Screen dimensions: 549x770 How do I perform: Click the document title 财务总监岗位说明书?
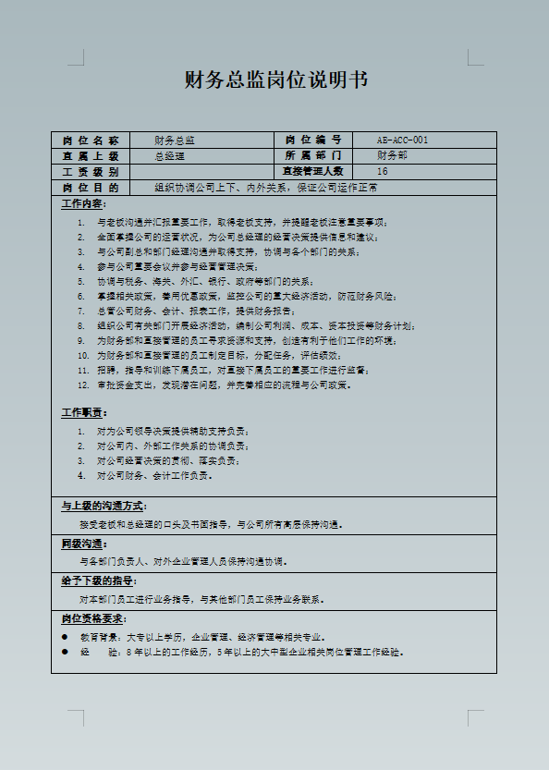[276, 80]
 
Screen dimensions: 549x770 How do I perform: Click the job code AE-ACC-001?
[402, 141]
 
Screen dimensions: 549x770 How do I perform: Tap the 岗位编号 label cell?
[313, 141]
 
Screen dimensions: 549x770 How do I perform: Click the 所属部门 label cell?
[313, 156]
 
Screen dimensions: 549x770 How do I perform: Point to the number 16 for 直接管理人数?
[383, 172]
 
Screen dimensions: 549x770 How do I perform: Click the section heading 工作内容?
[83, 203]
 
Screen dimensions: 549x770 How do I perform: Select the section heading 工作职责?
[83, 412]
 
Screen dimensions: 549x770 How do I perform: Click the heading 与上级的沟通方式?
[104, 507]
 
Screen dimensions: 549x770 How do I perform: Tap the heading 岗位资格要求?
[94, 618]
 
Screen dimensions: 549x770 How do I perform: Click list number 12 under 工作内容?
[82, 385]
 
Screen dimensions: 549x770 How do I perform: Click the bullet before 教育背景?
[65, 637]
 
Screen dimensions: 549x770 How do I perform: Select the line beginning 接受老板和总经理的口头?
[212, 525]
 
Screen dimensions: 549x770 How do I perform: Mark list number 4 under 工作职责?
[81, 476]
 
